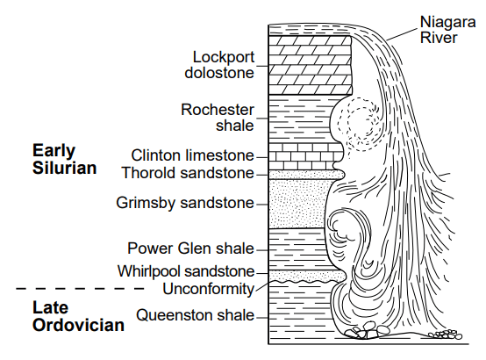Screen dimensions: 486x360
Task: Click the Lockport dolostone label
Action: pos(219,65)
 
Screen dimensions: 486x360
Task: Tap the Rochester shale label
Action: pos(218,118)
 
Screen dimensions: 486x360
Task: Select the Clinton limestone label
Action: pos(192,155)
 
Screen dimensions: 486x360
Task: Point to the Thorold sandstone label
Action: pos(188,173)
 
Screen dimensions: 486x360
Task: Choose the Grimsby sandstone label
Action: pos(185,203)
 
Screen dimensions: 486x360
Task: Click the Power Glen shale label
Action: pos(190,248)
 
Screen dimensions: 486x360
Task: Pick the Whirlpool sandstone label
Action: pos(186,271)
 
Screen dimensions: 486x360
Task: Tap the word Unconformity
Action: pos(208,289)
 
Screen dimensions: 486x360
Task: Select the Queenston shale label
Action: pos(196,315)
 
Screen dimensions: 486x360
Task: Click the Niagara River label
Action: pos(447,30)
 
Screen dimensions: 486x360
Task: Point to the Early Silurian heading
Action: pos(64,159)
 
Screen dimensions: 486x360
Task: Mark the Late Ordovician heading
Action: pos(78,316)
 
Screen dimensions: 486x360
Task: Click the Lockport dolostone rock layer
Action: pos(310,65)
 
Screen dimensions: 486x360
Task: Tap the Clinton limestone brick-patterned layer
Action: pos(305,156)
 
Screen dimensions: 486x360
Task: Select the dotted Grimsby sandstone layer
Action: pos(299,204)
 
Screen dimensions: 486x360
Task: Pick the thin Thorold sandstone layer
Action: pos(306,175)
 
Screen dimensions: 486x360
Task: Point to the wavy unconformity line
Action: pos(305,282)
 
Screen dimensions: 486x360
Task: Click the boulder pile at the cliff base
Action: pos(366,331)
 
